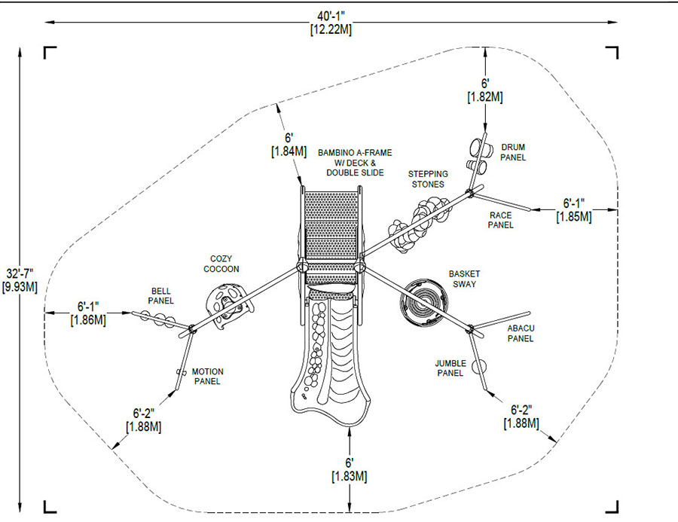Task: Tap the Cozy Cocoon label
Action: (221, 264)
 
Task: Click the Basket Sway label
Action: (464, 279)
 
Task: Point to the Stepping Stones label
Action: (428, 179)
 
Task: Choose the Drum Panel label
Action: (513, 152)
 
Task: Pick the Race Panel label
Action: (501, 220)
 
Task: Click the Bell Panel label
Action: (161, 296)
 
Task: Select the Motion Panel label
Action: (208, 377)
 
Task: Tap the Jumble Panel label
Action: (450, 368)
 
